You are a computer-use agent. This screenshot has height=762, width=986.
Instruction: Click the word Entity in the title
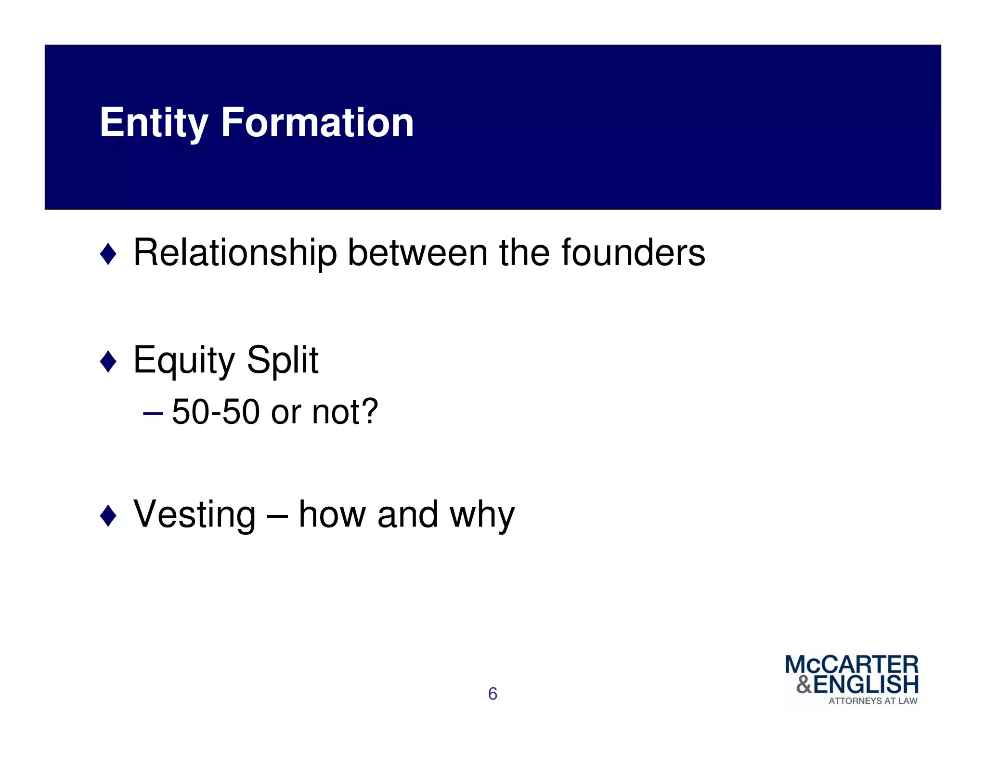[x=153, y=123]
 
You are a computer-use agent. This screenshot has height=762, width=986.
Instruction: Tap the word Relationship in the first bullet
[x=235, y=253]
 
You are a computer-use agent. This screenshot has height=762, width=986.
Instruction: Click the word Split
[x=282, y=360]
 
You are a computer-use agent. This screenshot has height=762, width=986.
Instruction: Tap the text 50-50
[x=216, y=412]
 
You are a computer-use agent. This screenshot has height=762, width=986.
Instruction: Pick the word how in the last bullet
[x=332, y=514]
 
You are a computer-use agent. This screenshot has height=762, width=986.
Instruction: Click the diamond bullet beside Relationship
[x=108, y=254]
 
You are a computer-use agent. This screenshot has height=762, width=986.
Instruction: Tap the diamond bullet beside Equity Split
[x=108, y=361]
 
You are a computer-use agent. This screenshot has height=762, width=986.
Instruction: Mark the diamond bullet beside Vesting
[x=108, y=516]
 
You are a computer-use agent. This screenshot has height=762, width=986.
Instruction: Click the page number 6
[x=493, y=694]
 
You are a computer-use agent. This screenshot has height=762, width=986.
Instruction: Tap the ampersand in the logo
[x=804, y=684]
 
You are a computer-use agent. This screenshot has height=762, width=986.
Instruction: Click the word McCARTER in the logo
[x=851, y=665]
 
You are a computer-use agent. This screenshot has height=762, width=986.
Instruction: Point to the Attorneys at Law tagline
[x=872, y=701]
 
